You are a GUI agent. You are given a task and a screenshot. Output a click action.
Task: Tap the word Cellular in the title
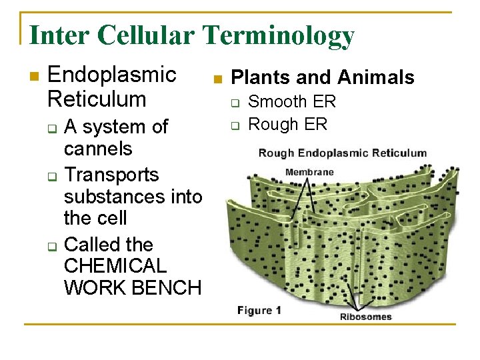pos(133,35)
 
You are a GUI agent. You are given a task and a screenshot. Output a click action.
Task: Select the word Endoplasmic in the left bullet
pos(112,75)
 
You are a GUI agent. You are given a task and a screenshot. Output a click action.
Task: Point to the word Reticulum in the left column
pos(97,99)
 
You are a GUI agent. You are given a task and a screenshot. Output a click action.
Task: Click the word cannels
pos(98,148)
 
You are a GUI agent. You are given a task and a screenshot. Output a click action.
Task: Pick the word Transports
pos(111,175)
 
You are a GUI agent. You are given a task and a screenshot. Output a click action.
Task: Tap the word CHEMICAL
pos(115,266)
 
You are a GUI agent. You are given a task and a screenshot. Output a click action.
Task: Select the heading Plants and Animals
pos(322,78)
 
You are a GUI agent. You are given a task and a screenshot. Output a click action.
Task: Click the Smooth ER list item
pos(292,102)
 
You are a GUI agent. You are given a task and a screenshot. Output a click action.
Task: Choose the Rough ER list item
pos(288,124)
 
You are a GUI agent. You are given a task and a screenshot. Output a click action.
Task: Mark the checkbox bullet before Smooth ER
pos(235,103)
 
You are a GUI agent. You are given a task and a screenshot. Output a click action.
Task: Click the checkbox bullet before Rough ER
pos(235,125)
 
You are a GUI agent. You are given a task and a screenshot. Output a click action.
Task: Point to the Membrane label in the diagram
pos(309,173)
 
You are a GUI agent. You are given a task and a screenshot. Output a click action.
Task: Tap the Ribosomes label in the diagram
pos(366,317)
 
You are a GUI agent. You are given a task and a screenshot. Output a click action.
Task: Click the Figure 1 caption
pos(259,310)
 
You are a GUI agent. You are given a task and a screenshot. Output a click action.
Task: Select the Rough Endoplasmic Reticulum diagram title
pos(342,153)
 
